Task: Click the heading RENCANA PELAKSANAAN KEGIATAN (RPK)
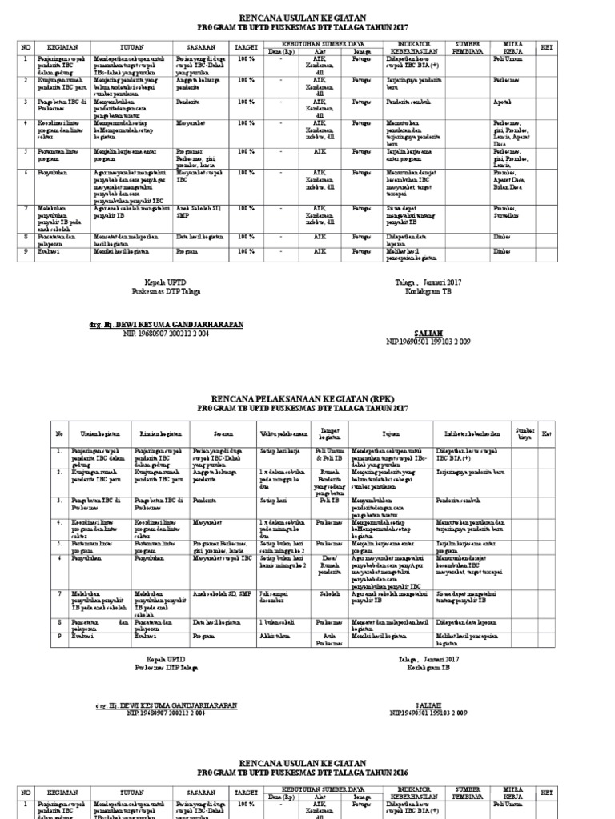click(308, 398)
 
